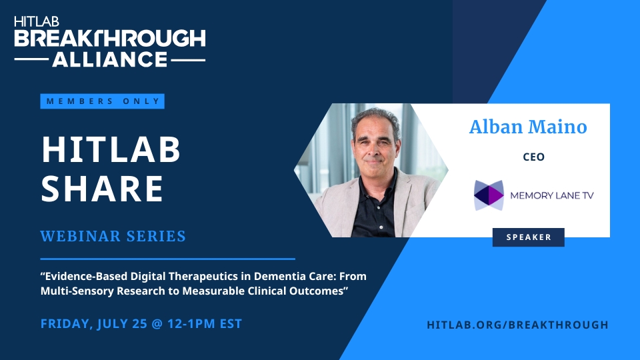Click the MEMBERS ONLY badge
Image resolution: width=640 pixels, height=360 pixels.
tap(102, 101)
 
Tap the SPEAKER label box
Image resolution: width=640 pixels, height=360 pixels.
tap(529, 237)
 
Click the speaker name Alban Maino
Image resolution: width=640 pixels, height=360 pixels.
tap(528, 127)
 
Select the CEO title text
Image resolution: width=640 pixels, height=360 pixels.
tap(533, 157)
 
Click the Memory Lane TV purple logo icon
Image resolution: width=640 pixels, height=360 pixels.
tap(489, 195)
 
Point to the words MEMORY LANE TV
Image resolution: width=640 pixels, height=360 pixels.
tap(552, 195)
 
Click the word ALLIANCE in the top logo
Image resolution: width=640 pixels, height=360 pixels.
tap(110, 59)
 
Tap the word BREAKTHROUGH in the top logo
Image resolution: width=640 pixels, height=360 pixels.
tap(110, 39)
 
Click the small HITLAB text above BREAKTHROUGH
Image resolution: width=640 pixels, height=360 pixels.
tap(37, 21)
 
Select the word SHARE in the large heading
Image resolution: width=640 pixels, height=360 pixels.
tap(102, 189)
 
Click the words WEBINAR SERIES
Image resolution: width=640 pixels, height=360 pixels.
tap(113, 236)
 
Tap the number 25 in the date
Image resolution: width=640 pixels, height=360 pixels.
tap(139, 324)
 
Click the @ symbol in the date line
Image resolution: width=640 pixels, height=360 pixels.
tap(157, 324)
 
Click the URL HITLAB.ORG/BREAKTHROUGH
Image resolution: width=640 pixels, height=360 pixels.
tap(517, 325)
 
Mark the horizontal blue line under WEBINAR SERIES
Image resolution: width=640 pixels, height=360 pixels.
tap(168, 259)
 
